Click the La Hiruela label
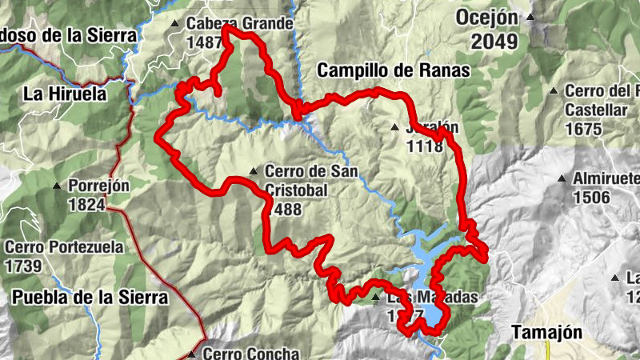click(65, 94)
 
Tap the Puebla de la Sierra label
click(90, 298)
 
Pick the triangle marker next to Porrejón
click(58, 186)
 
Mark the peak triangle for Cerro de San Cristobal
click(254, 170)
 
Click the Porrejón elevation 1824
click(86, 205)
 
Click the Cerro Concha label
click(251, 353)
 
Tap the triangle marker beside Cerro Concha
click(192, 354)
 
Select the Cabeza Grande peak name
click(240, 23)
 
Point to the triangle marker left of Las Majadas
click(376, 298)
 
